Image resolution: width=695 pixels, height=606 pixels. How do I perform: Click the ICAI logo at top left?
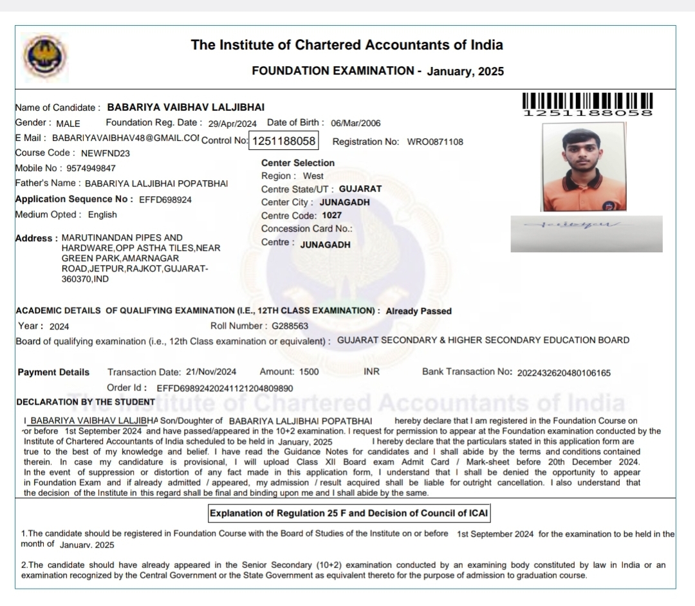pyautogui.click(x=44, y=56)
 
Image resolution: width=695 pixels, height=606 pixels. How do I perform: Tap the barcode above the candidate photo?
pyautogui.click(x=588, y=102)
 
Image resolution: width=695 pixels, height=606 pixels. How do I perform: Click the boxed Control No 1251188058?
pyautogui.click(x=284, y=141)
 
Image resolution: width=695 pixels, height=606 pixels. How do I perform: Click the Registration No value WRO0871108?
pyautogui.click(x=435, y=142)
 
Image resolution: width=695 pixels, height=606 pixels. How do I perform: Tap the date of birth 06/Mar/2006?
pyautogui.click(x=356, y=124)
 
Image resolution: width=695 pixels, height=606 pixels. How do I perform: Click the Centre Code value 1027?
pyautogui.click(x=332, y=216)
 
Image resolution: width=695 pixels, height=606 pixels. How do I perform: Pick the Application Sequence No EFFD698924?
pyautogui.click(x=165, y=199)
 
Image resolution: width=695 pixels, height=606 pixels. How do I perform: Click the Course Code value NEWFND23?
pyautogui.click(x=106, y=153)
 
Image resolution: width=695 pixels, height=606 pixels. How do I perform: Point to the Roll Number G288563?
pyautogui.click(x=290, y=326)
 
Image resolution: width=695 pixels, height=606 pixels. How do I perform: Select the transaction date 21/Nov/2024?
pyautogui.click(x=211, y=372)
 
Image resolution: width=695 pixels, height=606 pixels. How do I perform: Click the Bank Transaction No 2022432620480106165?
pyautogui.click(x=564, y=372)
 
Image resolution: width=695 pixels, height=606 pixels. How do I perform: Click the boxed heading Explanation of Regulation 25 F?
pyautogui.click(x=348, y=513)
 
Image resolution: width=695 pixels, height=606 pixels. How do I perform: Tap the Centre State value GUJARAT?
pyautogui.click(x=360, y=189)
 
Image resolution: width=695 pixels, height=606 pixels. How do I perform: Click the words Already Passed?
pyautogui.click(x=419, y=311)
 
